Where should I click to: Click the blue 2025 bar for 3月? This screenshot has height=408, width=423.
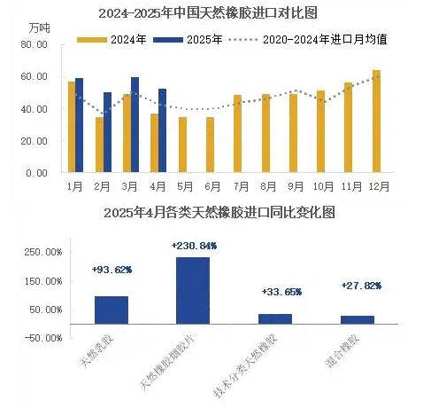[x=135, y=125]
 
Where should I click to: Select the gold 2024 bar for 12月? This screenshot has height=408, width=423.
[x=376, y=122]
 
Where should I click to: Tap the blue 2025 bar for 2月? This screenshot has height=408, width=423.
[x=107, y=132]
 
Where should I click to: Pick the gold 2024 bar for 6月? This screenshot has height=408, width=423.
[x=210, y=145]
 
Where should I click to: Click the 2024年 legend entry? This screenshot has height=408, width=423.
[x=112, y=40]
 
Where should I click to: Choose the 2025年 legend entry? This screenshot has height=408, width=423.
[x=188, y=40]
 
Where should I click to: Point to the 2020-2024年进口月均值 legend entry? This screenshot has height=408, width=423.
[x=308, y=40]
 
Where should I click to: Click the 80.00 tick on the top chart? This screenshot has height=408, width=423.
[x=35, y=44]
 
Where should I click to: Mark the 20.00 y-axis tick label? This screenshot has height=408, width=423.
[x=35, y=141]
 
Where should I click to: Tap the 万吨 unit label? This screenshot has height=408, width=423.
[x=40, y=28]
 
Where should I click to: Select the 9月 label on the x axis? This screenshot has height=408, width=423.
[x=296, y=186]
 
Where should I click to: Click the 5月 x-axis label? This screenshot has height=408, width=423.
[x=185, y=186]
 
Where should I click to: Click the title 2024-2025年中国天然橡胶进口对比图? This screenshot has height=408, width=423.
[x=208, y=13]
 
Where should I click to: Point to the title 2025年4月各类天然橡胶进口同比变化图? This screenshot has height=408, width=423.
[x=219, y=213]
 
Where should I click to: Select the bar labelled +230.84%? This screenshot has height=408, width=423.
[x=193, y=291]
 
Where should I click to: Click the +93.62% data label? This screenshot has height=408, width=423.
[x=112, y=270]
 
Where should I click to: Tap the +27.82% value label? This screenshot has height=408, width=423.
[x=361, y=286]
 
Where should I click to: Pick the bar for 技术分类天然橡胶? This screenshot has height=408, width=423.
[x=275, y=319]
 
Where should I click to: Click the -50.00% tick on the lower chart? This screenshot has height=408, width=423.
[x=43, y=338]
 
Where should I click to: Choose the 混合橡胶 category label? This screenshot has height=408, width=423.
[x=342, y=350]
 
